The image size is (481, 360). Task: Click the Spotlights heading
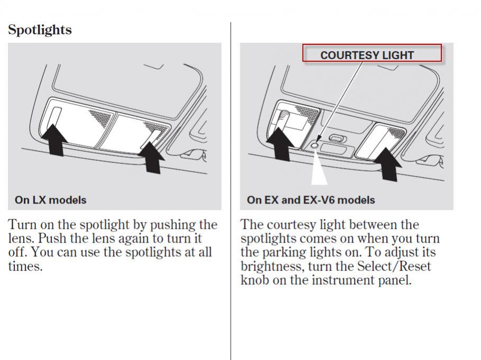(x=40, y=30)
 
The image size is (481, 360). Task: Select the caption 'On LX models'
(x=51, y=200)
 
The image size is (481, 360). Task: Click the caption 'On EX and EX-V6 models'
(x=311, y=200)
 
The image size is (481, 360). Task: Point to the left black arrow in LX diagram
(x=55, y=140)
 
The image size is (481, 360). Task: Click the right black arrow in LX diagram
(x=152, y=158)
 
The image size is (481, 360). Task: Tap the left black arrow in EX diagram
(x=280, y=144)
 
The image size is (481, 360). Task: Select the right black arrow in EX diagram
(x=388, y=164)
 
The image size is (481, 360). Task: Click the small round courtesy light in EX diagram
(x=315, y=145)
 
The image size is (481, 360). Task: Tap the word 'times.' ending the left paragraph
(x=25, y=266)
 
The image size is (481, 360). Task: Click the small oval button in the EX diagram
(x=337, y=139)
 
